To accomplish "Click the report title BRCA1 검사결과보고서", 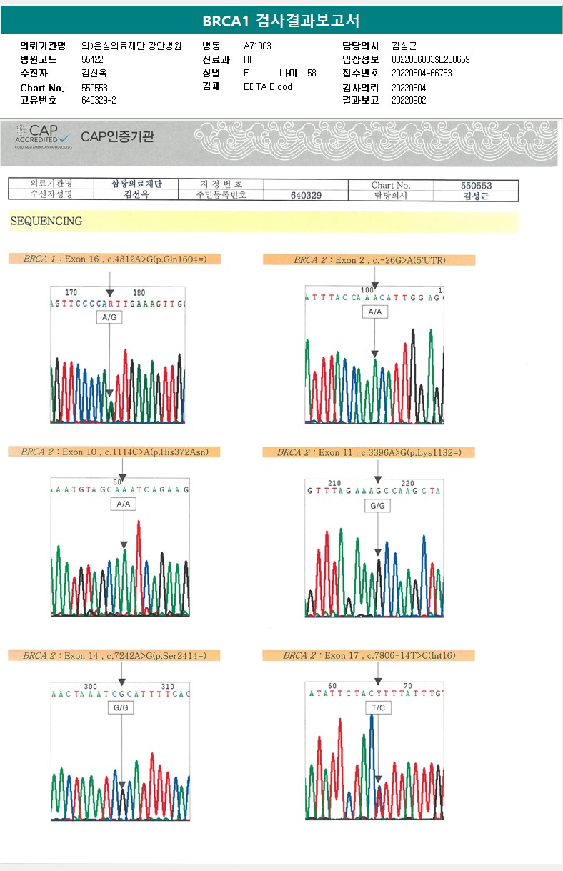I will pos(281,21).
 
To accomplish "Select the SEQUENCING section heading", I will pos(46,222).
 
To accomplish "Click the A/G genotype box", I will pos(109,317).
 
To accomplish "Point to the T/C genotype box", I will pos(378,707).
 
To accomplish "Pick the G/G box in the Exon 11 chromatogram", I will pos(378,506).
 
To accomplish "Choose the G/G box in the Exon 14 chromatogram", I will pos(121,707).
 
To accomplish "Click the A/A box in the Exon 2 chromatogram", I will pos(374,312).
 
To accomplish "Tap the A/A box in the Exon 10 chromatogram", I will pos(124,504).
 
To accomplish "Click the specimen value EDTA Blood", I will pos(268,87).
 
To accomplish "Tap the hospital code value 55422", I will pos(93,59).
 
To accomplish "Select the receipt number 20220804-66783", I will pos(422,73).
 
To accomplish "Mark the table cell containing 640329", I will pos(306,195).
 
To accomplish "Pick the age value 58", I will pos(312,73).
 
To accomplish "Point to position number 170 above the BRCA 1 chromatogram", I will pos(71,293).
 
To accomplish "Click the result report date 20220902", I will pos(409,100).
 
